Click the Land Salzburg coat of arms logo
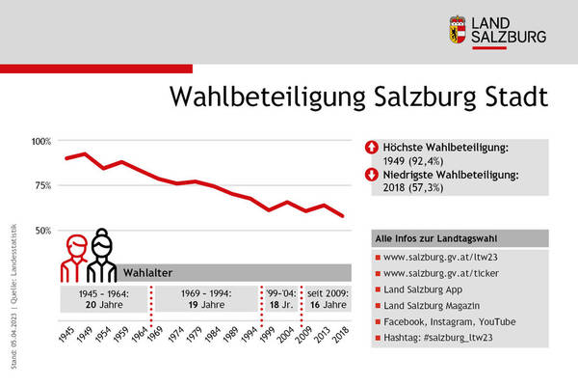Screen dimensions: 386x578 460,30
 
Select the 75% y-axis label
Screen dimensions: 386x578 43,185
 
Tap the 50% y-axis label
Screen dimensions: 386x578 43,230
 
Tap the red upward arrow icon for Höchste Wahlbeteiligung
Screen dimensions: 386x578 372,148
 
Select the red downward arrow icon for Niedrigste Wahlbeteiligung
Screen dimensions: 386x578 372,176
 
